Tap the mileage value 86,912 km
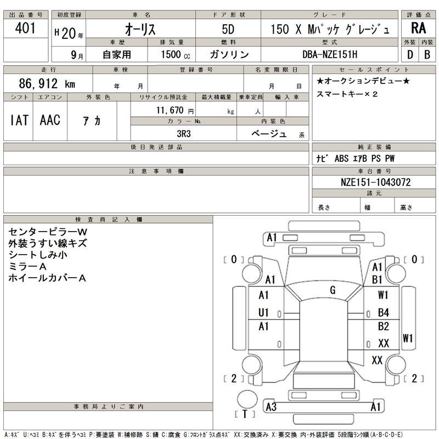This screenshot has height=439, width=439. pyautogui.click(x=47, y=84)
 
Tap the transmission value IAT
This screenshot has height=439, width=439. pyautogui.click(x=19, y=120)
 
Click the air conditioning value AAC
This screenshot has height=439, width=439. pyautogui.click(x=50, y=120)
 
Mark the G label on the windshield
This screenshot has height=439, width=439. pyautogui.click(x=333, y=290)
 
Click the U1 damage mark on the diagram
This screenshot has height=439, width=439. pyautogui.click(x=264, y=312)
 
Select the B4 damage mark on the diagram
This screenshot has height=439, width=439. pyautogui.click(x=384, y=313)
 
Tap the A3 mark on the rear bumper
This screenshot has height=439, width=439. pyautogui.click(x=271, y=407)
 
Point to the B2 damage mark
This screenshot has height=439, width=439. pyautogui.click(x=384, y=327)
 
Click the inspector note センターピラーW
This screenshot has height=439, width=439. pyautogui.click(x=48, y=232)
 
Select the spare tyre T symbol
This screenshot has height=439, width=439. pyautogui.click(x=245, y=414)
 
